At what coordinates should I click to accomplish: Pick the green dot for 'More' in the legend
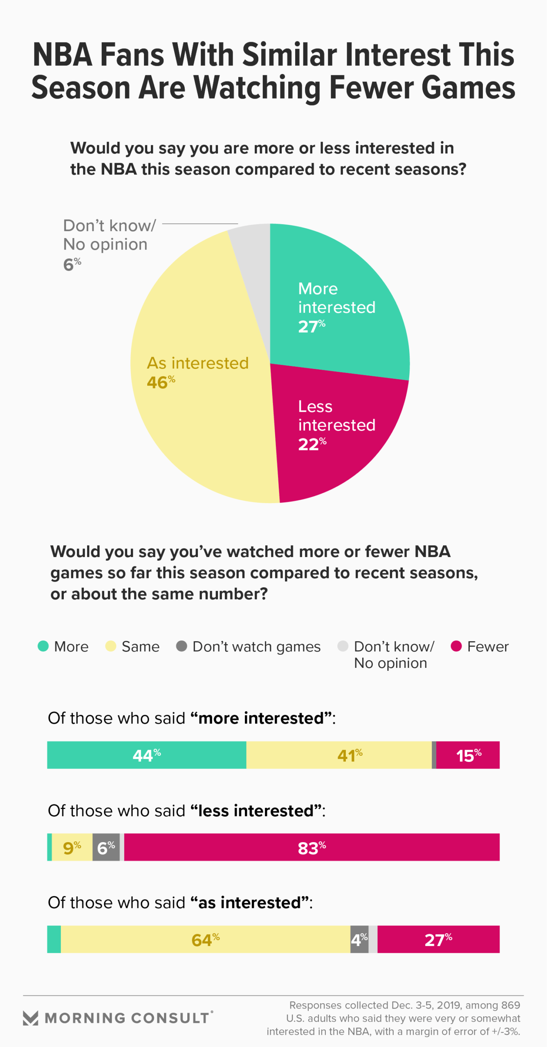pyautogui.click(x=43, y=646)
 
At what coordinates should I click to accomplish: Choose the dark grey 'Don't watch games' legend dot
pyautogui.click(x=182, y=646)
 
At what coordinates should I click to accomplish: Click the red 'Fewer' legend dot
pyautogui.click(x=456, y=646)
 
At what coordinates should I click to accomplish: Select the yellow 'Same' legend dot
pyautogui.click(x=110, y=646)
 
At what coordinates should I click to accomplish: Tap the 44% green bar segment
pyautogui.click(x=146, y=755)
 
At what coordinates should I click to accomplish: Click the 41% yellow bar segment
pyautogui.click(x=339, y=755)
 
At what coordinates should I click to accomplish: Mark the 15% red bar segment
pyautogui.click(x=468, y=755)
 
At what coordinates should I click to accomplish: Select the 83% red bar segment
pyautogui.click(x=312, y=847)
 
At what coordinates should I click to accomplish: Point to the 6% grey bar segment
pyautogui.click(x=106, y=847)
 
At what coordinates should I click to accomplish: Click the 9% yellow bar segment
pyautogui.click(x=72, y=847)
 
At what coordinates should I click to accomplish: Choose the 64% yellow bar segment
pyautogui.click(x=205, y=939)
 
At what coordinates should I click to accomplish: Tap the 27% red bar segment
pyautogui.click(x=438, y=939)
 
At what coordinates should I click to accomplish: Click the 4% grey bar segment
pyautogui.click(x=359, y=939)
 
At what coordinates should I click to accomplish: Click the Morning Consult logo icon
pyautogui.click(x=30, y=1018)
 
